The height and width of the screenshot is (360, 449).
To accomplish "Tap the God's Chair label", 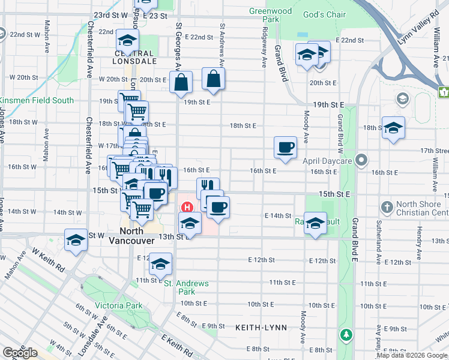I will click(324, 14).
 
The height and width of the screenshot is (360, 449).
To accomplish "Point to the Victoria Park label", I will click(119, 305).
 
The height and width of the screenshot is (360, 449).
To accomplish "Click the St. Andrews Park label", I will click(186, 287).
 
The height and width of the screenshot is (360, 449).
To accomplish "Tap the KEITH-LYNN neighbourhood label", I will click(262, 328).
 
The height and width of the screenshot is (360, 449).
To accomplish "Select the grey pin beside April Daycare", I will click(361, 160).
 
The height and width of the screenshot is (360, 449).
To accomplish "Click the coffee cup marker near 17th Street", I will click(285, 147).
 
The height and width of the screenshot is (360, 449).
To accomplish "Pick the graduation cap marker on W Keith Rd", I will click(76, 241).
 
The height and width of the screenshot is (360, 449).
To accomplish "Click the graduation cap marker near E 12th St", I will click(160, 264).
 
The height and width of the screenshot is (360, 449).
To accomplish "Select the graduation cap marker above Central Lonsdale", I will click(128, 41).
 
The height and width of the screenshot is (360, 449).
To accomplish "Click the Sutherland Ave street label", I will click(378, 240).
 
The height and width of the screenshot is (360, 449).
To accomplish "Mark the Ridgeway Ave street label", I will click(264, 45).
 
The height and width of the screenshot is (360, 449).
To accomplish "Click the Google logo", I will click(20, 352).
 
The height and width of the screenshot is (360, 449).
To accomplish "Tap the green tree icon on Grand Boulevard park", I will click(346, 334).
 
